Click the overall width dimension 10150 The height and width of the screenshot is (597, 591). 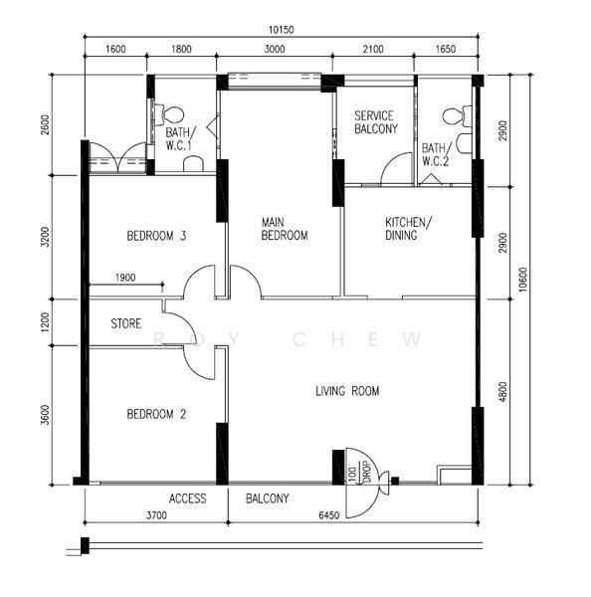click(x=281, y=30)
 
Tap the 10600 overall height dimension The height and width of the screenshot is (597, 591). click(x=523, y=280)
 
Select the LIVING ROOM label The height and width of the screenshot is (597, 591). click(x=347, y=391)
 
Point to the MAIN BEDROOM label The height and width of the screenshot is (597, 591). click(x=285, y=229)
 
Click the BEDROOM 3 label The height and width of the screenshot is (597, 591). click(x=156, y=236)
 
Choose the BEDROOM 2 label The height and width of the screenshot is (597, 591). click(x=156, y=414)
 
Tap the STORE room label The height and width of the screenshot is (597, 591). click(x=126, y=323)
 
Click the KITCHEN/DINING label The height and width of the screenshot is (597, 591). click(x=408, y=229)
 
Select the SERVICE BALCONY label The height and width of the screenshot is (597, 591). click(x=376, y=122)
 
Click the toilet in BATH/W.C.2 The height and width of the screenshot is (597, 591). click(x=457, y=116)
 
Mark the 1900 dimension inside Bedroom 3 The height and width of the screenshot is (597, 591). click(x=125, y=278)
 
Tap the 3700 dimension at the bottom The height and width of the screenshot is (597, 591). click(x=156, y=515)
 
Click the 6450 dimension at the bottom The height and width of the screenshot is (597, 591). click(x=328, y=515)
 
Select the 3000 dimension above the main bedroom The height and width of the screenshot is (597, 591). click(x=275, y=49)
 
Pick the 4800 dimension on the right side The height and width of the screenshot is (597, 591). click(x=502, y=391)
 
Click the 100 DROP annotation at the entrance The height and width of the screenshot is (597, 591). click(x=359, y=473)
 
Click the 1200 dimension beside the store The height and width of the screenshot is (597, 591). click(x=45, y=322)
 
